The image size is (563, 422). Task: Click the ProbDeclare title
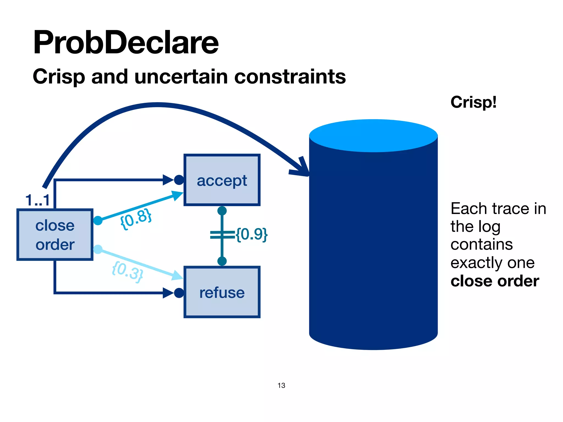pos(126,43)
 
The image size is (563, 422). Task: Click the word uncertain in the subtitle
pos(181,77)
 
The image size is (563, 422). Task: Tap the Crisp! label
pos(473,102)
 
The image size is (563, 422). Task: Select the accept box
pos(222,180)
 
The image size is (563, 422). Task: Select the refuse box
pos(222,292)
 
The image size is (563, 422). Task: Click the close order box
pos(55,235)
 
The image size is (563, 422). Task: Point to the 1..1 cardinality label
pos(37,200)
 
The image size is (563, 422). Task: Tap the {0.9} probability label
pos(252,234)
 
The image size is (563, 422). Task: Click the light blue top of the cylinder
pos(373,135)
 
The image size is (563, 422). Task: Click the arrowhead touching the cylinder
pos(302,169)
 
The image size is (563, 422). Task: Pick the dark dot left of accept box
pos(179,180)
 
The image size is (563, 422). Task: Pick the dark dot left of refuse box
pos(179,293)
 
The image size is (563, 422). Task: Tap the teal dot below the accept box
pos(222,211)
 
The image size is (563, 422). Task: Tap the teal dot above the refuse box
pos(222,261)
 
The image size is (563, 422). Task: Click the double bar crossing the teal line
pos(222,235)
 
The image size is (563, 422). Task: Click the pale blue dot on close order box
pos(98,249)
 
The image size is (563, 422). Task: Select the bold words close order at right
pos(495,281)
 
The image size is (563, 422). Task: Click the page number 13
pos(281,385)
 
